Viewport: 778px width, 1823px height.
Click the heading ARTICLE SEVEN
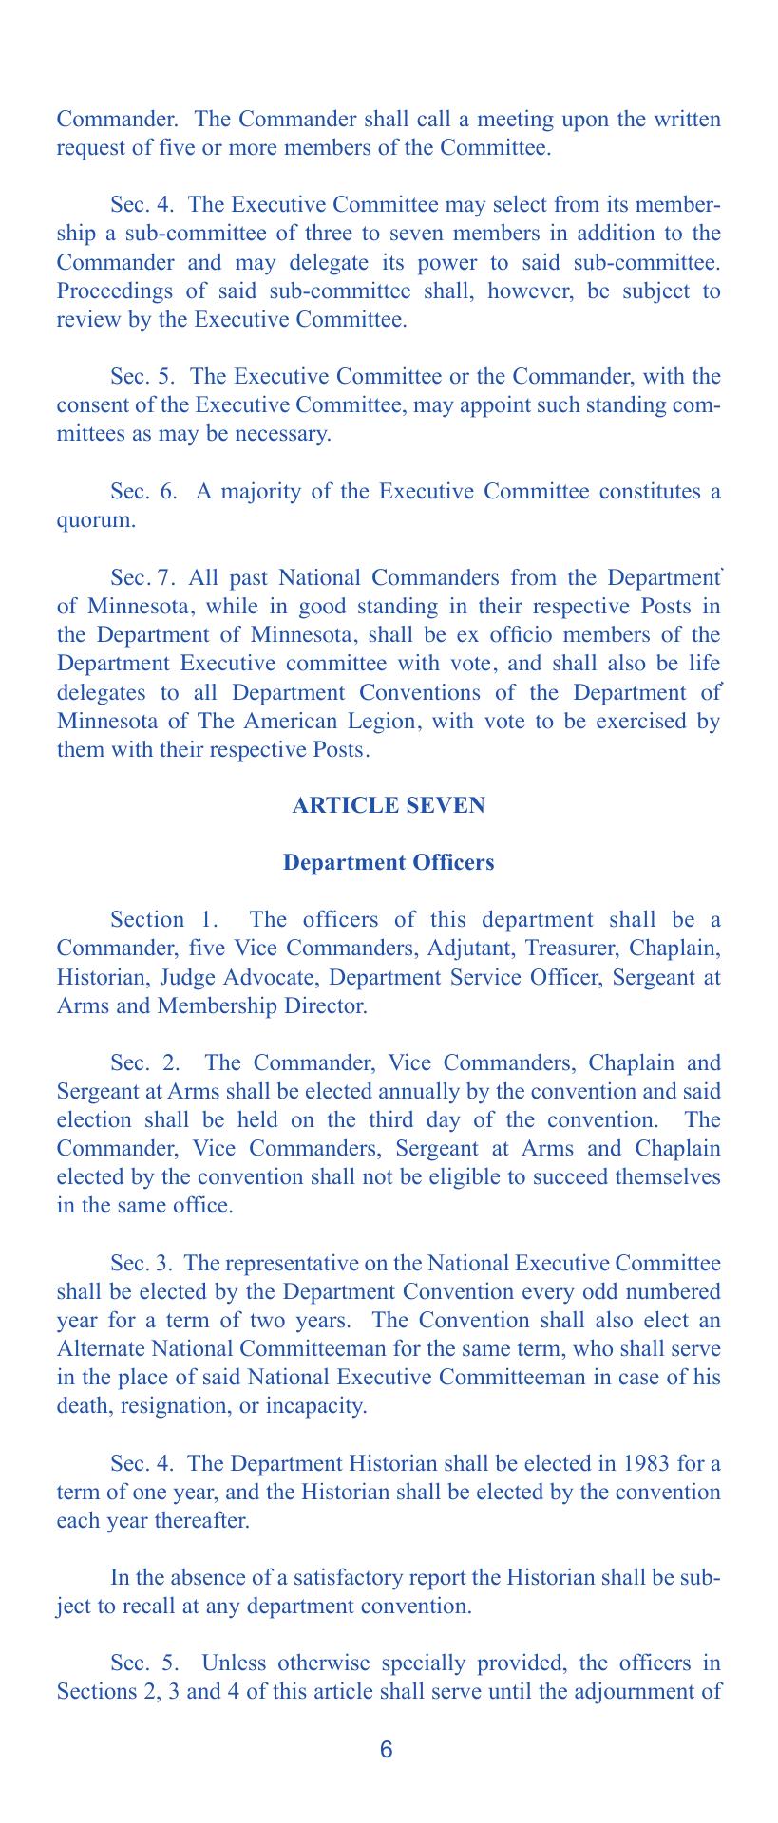[389, 805]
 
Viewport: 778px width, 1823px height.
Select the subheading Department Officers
[389, 863]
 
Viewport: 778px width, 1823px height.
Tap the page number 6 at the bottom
[386, 1751]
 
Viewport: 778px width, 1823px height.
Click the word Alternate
[99, 1349]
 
